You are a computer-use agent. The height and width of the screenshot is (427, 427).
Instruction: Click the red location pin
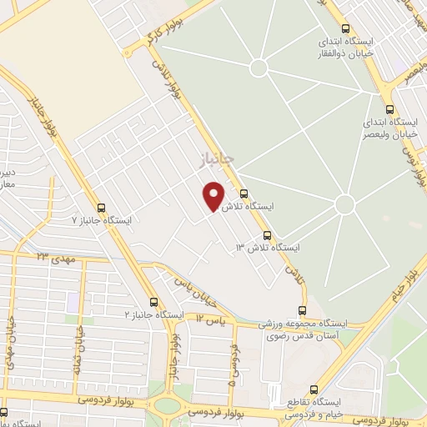(x=214, y=196)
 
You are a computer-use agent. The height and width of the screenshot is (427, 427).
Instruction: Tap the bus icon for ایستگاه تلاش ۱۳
(x=267, y=235)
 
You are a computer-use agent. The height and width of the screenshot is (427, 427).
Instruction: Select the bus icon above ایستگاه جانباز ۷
(x=102, y=208)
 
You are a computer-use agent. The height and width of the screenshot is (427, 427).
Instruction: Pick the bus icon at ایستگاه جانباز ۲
(x=153, y=302)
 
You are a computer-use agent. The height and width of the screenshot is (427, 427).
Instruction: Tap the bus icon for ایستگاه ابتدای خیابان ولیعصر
(x=389, y=108)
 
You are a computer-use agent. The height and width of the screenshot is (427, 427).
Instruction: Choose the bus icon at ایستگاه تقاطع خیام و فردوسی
(x=314, y=389)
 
